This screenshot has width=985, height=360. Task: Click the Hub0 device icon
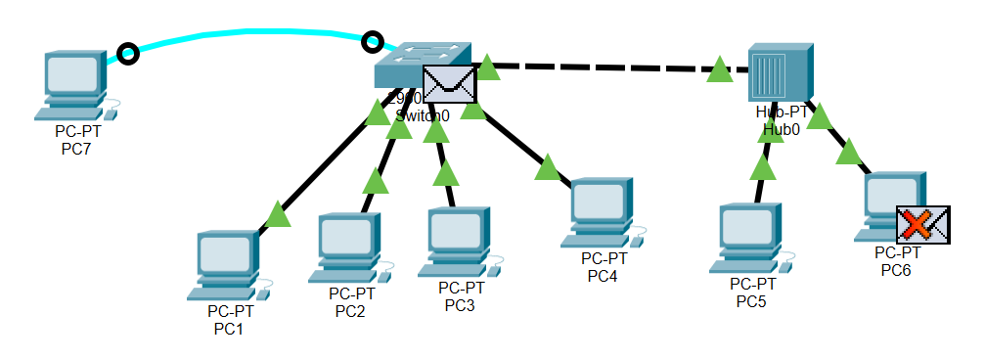(x=780, y=73)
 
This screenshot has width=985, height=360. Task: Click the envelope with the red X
(x=922, y=225)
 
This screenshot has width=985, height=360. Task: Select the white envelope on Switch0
(x=449, y=84)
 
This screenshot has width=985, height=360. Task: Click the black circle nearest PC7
(x=126, y=53)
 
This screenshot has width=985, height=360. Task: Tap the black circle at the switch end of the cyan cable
(x=372, y=42)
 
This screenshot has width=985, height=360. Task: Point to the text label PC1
(x=229, y=329)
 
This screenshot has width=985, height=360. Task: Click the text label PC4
(x=604, y=276)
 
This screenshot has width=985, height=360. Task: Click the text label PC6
(x=895, y=269)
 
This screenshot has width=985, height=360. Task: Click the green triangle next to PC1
(x=278, y=213)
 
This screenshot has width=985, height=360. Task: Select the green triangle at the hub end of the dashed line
(x=720, y=69)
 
